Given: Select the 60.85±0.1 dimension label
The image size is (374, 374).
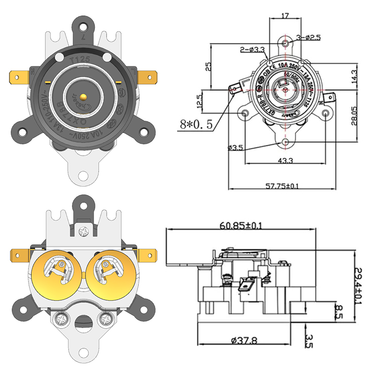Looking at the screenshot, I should pyautogui.click(x=241, y=225).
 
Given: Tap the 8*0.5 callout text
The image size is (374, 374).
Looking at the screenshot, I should pyautogui.click(x=196, y=125).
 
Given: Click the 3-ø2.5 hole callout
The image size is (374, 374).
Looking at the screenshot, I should pyautogui.click(x=308, y=37).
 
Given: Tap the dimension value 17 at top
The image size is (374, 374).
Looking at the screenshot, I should pyautogui.click(x=285, y=15).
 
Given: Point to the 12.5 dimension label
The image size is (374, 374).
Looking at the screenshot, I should pyautogui.click(x=201, y=100).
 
